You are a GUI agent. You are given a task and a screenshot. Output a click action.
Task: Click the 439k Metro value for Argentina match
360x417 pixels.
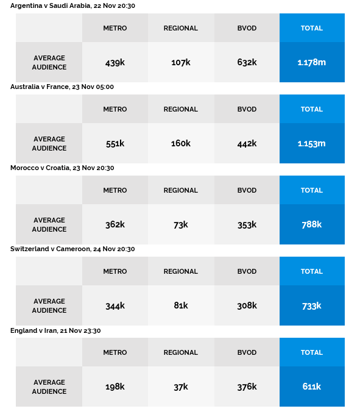pos(115,63)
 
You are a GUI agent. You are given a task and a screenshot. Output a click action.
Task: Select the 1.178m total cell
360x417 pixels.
pos(312,62)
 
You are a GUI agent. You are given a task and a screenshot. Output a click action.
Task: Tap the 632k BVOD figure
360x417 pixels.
pos(247,62)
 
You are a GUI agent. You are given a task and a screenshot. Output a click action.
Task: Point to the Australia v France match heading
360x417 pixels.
pos(62,87)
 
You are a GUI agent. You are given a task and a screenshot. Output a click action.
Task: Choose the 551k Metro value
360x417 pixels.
pos(115,144)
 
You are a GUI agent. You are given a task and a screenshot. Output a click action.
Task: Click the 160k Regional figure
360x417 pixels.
pos(181,143)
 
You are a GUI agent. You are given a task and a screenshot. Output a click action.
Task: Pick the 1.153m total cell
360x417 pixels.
pos(312,144)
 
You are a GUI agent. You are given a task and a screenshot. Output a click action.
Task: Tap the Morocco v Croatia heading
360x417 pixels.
pos(62,168)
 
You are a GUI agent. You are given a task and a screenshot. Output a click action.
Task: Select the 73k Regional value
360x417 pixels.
pos(181,225)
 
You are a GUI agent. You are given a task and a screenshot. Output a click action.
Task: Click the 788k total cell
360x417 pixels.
pos(312,224)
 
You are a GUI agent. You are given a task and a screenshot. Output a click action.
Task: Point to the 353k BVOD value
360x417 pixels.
pos(247,225)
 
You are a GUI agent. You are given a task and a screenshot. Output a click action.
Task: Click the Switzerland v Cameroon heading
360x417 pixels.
pos(72,249)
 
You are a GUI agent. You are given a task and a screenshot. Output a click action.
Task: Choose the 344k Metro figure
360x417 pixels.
pos(115,306)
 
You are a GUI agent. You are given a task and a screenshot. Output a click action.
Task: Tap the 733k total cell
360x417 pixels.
pos(312,306)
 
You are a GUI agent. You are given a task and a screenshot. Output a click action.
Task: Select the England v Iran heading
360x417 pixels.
pos(55,330)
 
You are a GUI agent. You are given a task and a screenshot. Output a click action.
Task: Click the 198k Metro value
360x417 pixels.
pos(115,387)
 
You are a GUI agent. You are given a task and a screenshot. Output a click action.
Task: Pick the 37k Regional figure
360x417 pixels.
pos(181,387)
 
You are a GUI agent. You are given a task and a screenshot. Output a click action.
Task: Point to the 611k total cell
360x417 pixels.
pos(312,387)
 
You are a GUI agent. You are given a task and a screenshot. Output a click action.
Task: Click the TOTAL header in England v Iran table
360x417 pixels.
pos(312,352)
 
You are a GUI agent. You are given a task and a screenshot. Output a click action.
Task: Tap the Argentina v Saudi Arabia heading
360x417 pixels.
pos(72,5)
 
